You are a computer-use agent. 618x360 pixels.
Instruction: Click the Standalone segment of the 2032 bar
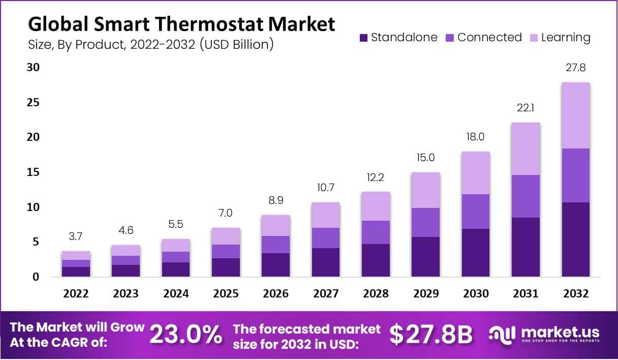(575, 239)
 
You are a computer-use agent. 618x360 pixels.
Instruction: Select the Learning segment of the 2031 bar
(526, 149)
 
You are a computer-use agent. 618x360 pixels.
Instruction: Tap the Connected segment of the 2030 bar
(476, 212)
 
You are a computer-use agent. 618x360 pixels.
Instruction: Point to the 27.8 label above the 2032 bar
(575, 68)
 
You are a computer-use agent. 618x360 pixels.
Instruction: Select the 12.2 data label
(376, 178)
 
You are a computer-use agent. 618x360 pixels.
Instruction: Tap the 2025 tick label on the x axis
(226, 294)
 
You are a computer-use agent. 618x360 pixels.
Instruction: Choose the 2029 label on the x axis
(425, 294)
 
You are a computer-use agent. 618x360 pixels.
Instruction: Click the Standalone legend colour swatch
(363, 38)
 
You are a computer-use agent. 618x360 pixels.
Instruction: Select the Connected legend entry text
(489, 37)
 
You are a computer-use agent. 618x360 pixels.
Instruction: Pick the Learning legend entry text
(566, 37)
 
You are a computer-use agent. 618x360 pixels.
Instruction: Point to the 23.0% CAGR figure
(186, 335)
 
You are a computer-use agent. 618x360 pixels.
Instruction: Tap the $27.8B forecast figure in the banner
(431, 335)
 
